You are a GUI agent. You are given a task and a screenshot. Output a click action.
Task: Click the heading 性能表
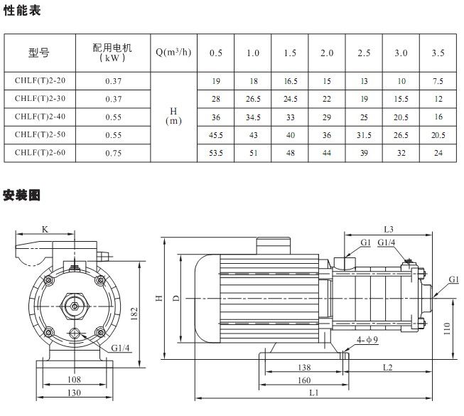click(x=21, y=11)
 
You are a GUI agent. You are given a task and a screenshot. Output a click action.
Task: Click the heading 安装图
click(x=21, y=194)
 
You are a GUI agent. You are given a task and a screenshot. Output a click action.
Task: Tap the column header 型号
click(x=40, y=53)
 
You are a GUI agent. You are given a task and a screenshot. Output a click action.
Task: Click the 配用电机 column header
click(x=112, y=53)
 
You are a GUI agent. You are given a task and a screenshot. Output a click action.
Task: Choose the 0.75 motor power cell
click(x=112, y=151)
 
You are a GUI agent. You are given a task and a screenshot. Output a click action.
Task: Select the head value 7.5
click(x=438, y=81)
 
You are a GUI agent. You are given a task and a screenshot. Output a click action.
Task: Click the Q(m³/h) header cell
click(x=173, y=53)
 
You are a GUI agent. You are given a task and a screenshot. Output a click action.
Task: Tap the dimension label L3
click(x=388, y=229)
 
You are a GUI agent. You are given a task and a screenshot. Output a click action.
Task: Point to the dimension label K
click(x=45, y=229)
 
